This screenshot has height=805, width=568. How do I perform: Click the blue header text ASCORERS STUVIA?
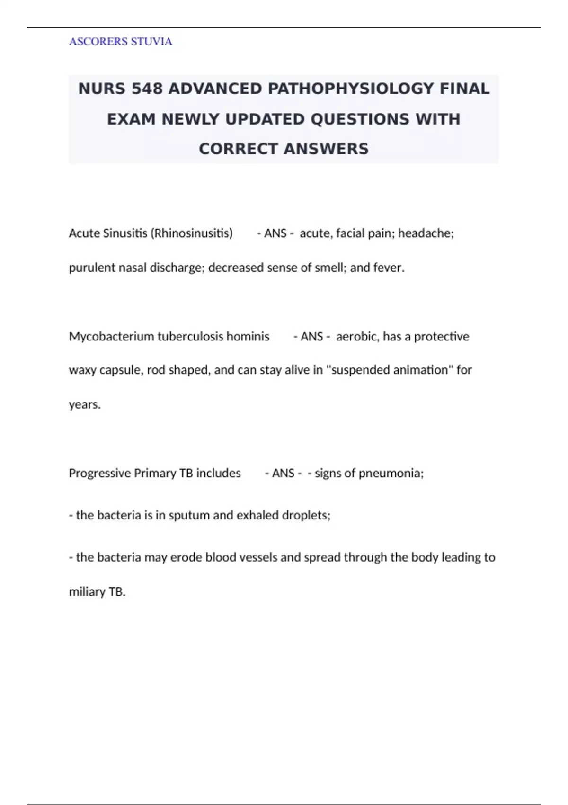point(120,42)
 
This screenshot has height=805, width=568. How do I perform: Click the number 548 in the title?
point(147,89)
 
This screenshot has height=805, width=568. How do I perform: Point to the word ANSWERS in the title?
point(327,149)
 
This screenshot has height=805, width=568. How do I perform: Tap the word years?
point(84,404)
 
